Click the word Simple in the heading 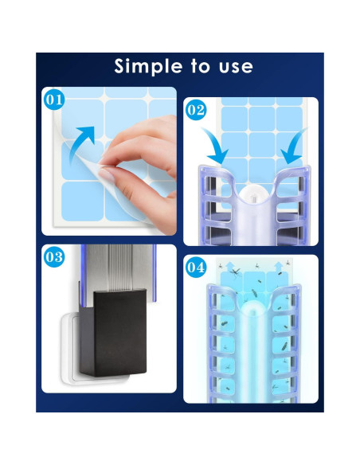(x=148, y=66)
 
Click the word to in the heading (x=201, y=66)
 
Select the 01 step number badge (x=54, y=100)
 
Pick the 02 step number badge (x=196, y=110)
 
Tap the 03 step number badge (x=54, y=257)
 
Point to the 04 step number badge (x=196, y=268)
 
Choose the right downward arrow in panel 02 (x=294, y=145)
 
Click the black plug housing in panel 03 (x=114, y=333)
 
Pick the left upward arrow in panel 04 (x=230, y=267)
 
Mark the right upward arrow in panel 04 (x=279, y=267)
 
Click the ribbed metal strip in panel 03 (x=119, y=267)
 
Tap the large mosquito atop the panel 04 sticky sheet (x=236, y=272)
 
